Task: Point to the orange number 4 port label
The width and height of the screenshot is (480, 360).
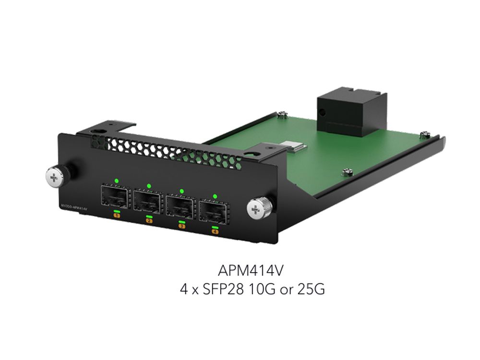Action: pos(215,232)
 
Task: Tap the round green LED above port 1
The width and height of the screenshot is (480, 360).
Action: pos(116,180)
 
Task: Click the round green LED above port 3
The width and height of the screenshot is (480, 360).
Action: pos(181,191)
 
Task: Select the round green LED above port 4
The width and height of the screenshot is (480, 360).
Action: pos(215,196)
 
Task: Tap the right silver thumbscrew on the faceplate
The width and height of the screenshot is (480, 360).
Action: pos(258,208)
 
